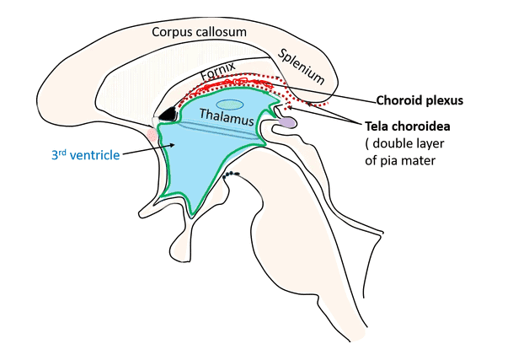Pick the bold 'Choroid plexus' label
click(x=420, y=99)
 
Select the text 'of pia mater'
click(x=400, y=159)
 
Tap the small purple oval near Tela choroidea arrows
click(x=287, y=122)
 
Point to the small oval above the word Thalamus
click(x=229, y=105)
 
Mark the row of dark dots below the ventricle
click(x=231, y=175)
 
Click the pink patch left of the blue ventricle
click(x=152, y=133)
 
